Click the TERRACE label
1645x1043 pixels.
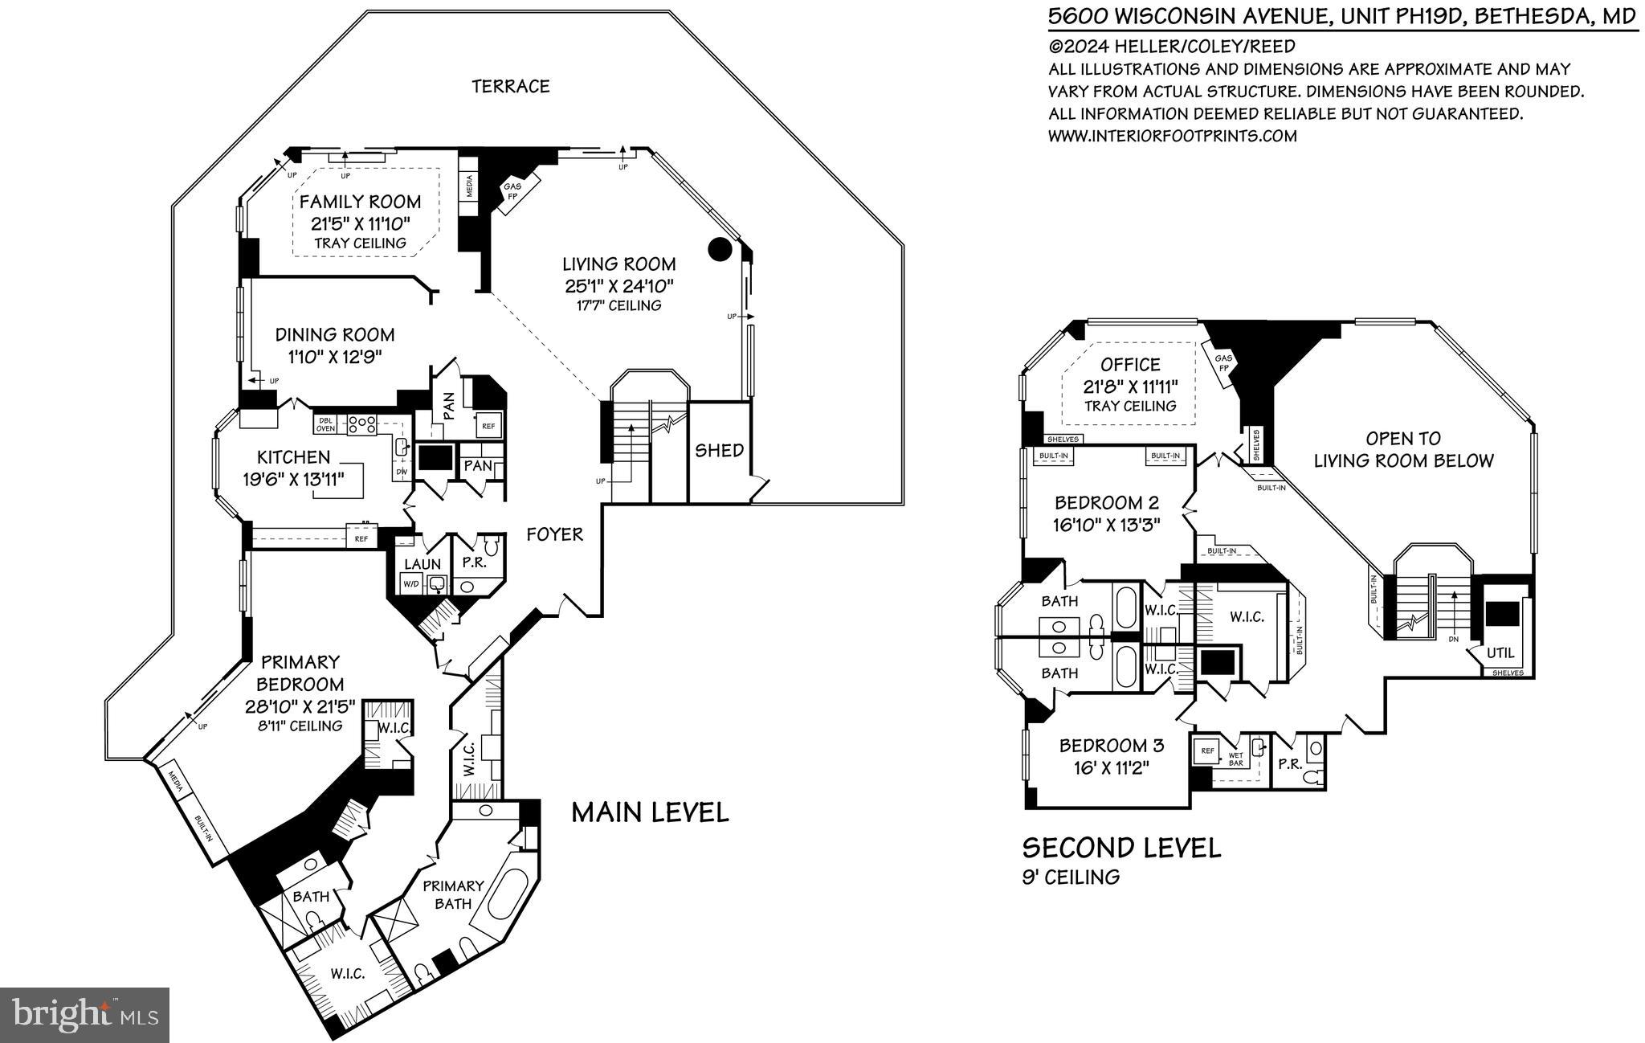pyautogui.click(x=510, y=87)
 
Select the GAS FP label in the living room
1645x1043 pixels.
pyautogui.click(x=512, y=191)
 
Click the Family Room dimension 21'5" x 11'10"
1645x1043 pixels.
pyautogui.click(x=360, y=223)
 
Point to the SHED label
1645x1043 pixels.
pyautogui.click(x=719, y=451)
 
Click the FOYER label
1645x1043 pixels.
pyautogui.click(x=554, y=534)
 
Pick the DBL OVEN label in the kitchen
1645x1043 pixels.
pyautogui.click(x=325, y=424)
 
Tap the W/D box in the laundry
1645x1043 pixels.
pyautogui.click(x=410, y=584)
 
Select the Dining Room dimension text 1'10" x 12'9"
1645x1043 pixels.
pyautogui.click(x=334, y=357)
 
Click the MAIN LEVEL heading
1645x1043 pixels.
pyautogui.click(x=650, y=812)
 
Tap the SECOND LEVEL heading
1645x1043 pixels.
pyautogui.click(x=1121, y=847)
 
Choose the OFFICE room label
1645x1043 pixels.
pyautogui.click(x=1130, y=365)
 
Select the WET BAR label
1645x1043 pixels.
pyautogui.click(x=1235, y=759)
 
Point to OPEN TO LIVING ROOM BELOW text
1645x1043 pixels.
pyautogui.click(x=1402, y=449)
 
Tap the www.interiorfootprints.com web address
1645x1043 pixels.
pyautogui.click(x=1172, y=136)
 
